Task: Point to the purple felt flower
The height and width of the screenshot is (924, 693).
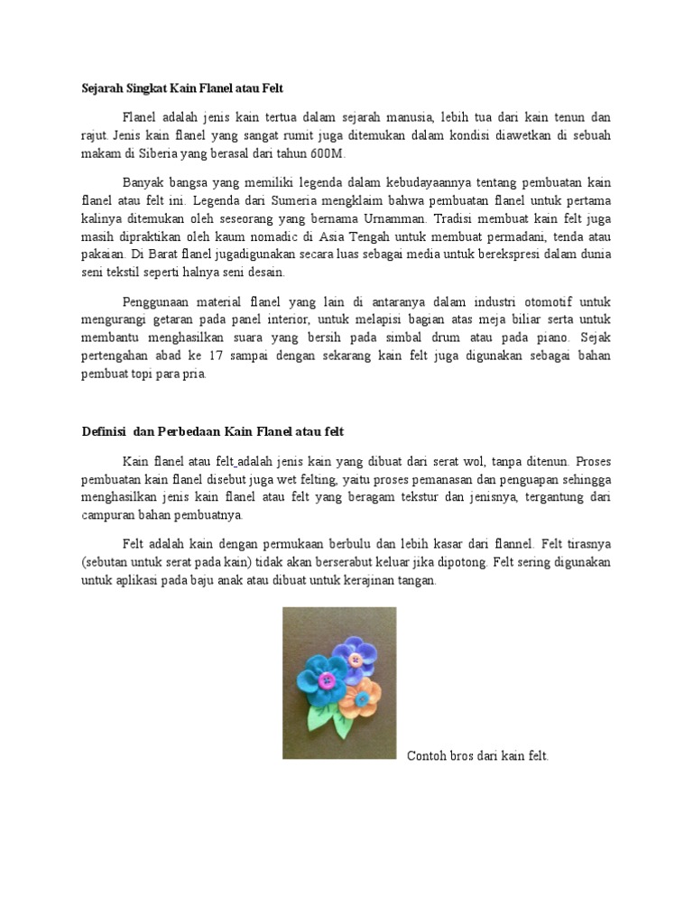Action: click(357, 657)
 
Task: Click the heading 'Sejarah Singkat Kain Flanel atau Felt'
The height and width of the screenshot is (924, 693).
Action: click(182, 88)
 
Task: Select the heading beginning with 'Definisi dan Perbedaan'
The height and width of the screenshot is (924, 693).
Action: click(213, 431)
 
